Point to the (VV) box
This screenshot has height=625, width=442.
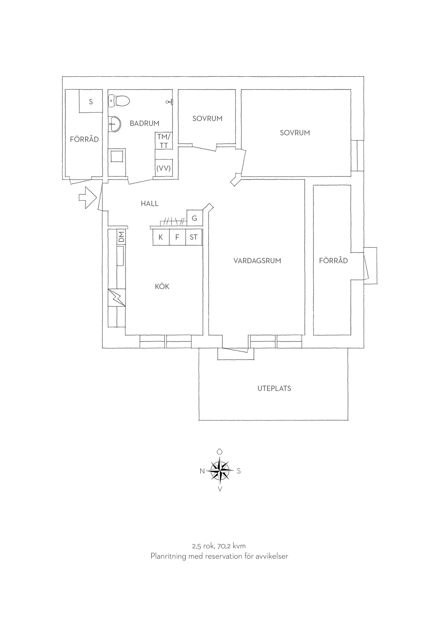164,168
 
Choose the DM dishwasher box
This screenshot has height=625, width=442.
121,237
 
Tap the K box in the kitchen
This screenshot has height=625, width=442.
161,237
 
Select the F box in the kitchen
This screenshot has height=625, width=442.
177,237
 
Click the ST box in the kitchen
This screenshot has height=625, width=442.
194,237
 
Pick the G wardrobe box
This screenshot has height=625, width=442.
195,218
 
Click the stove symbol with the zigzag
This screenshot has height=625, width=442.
117,297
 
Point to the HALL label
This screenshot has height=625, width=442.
149,204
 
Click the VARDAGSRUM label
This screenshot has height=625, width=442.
257,261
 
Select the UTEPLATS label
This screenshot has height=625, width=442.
274,388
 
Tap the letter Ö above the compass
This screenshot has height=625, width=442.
220,452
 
